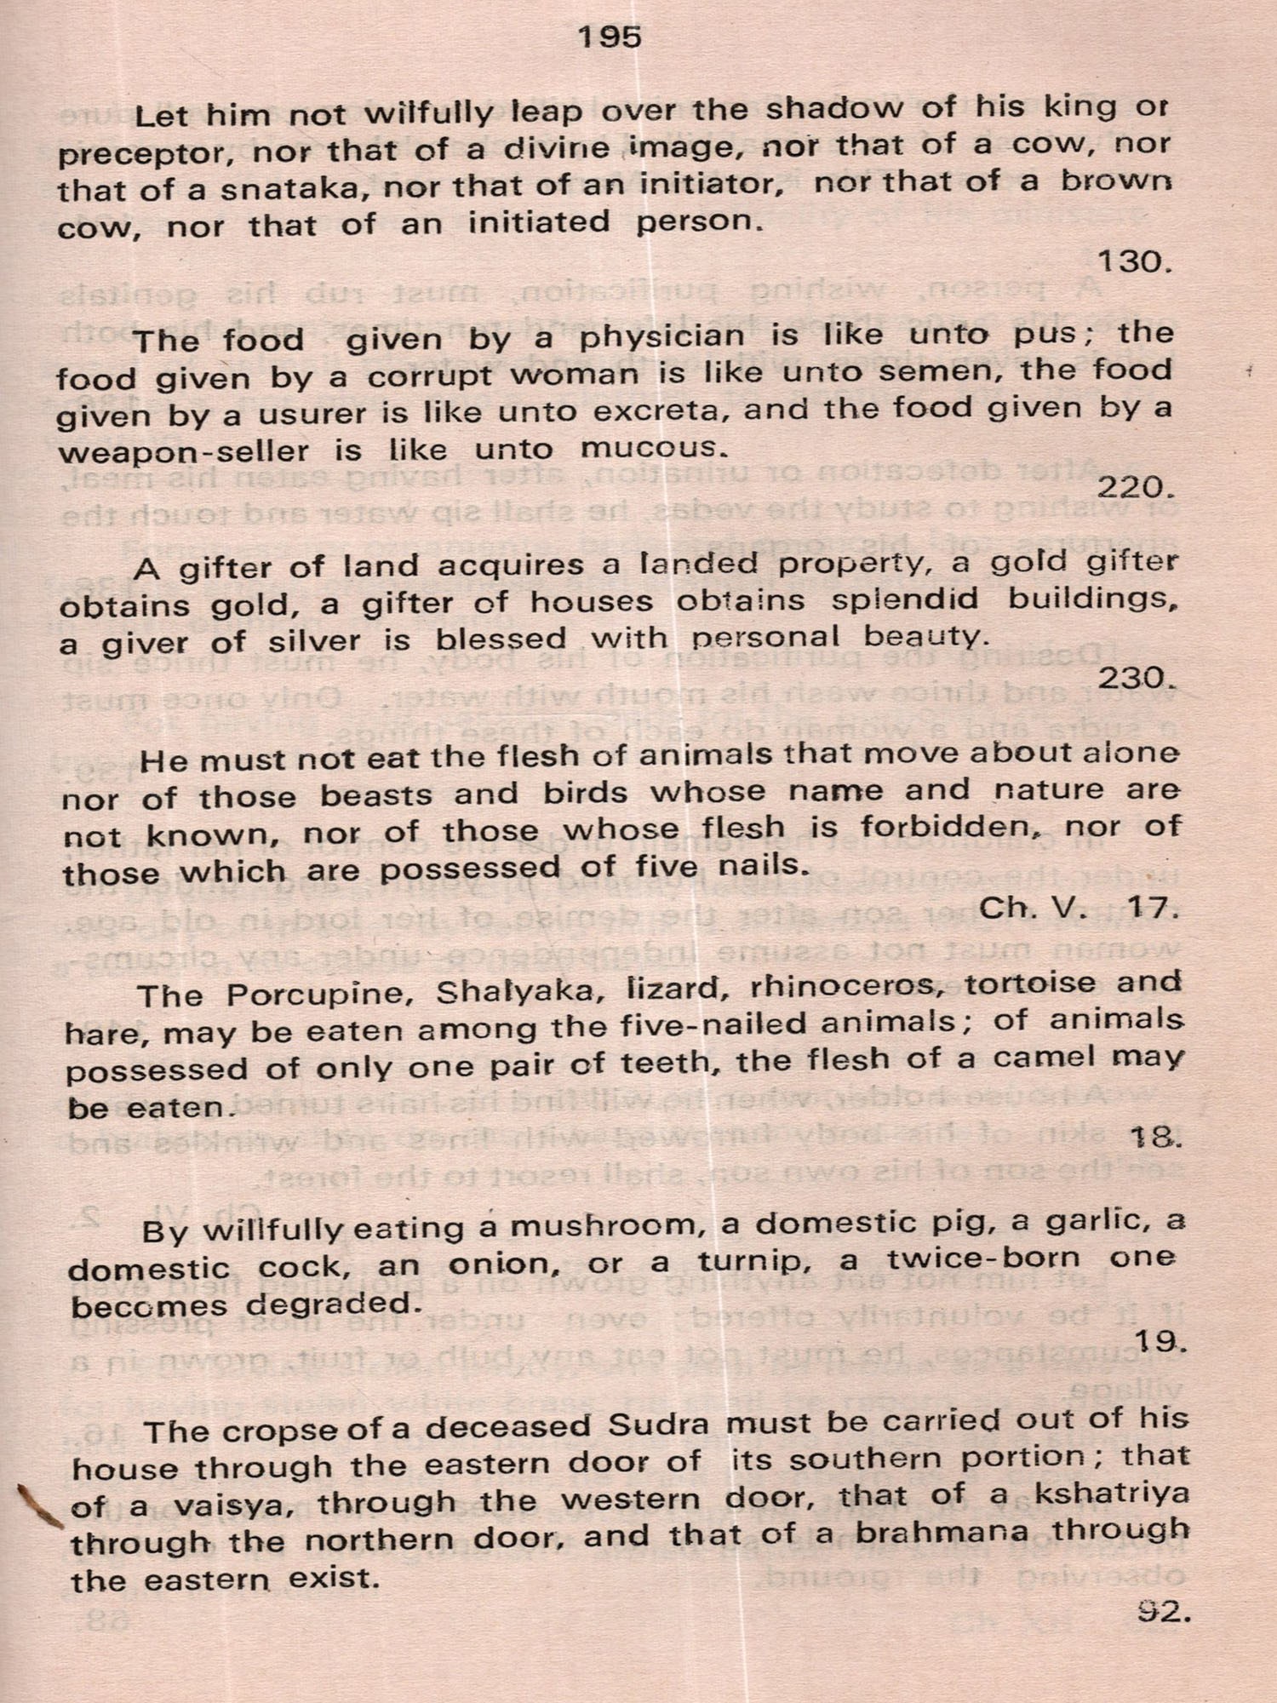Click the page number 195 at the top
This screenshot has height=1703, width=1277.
click(609, 37)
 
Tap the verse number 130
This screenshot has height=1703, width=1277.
click(1135, 261)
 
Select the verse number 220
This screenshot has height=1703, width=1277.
click(1135, 488)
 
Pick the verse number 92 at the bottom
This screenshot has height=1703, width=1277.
click(1161, 1611)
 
